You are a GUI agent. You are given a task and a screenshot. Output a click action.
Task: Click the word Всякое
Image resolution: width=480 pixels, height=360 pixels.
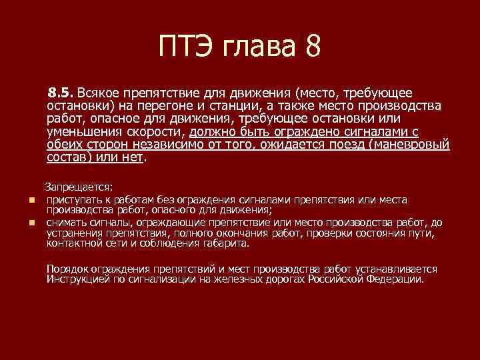click(103, 93)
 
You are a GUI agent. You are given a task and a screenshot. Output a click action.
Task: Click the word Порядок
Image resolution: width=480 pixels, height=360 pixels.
click(68, 269)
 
